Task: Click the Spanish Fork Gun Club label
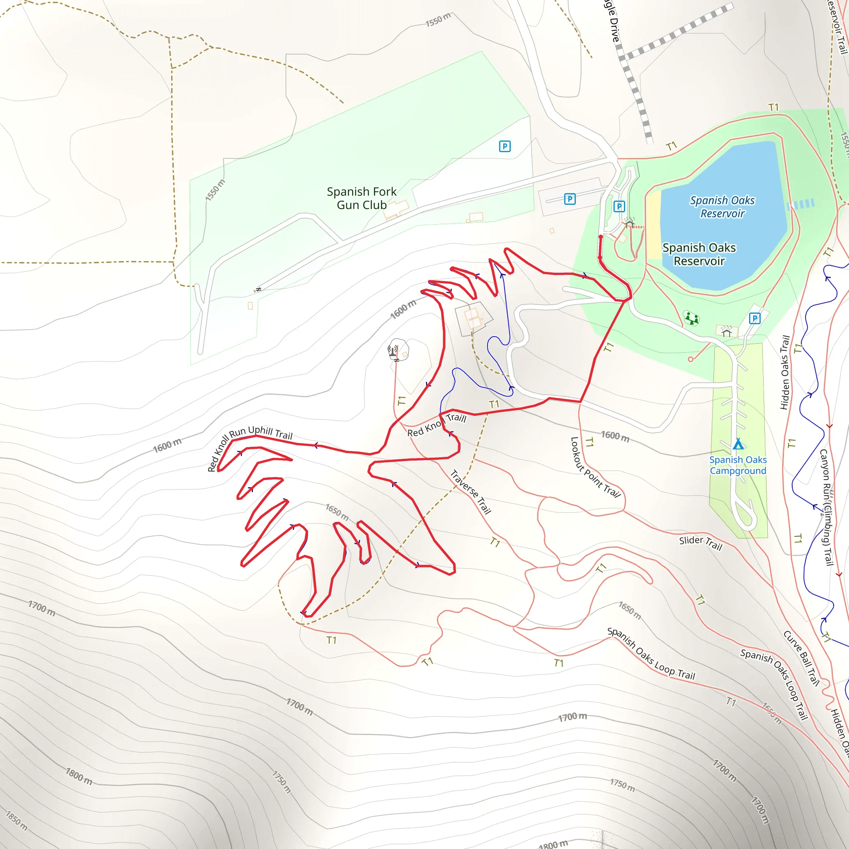point(361,198)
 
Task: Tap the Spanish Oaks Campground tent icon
point(738,444)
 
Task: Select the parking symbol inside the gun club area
point(505,146)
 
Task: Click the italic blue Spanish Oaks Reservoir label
point(722,206)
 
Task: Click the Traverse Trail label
point(471,492)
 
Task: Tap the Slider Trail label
point(701,543)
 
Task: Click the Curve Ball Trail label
point(801,658)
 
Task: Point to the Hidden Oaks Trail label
point(785,373)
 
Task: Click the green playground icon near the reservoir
point(691,318)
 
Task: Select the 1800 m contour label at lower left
point(79,776)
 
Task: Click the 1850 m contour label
point(16,821)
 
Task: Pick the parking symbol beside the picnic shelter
point(754,318)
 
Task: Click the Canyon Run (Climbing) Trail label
point(827,507)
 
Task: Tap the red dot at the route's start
point(601,237)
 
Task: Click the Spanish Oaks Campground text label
point(738,465)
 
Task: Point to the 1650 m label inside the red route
point(337,512)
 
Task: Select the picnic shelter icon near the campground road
point(726,332)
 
